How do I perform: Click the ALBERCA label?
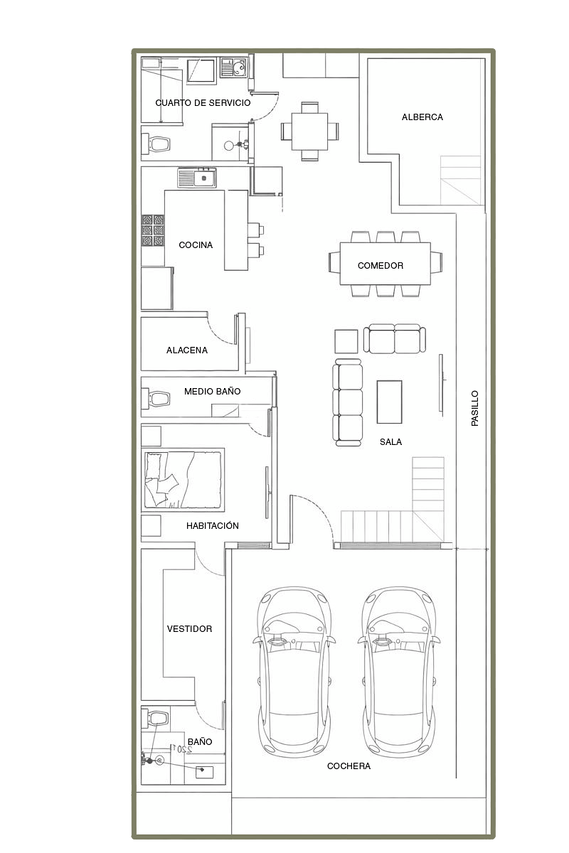[422, 117]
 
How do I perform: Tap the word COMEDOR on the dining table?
[380, 265]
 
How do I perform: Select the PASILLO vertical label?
[474, 408]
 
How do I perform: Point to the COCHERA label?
[349, 766]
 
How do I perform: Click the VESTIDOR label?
[189, 628]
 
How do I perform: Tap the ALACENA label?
[187, 350]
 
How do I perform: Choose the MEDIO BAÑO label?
[212, 391]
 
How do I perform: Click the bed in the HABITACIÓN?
[183, 480]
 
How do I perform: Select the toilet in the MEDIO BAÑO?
[156, 399]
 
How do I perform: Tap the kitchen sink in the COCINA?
[196, 178]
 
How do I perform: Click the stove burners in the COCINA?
[153, 230]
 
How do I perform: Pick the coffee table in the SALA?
[389, 402]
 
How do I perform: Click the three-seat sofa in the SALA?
[347, 402]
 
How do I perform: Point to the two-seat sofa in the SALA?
[395, 338]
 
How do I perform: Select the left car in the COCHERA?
[294, 672]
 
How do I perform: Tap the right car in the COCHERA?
[399, 672]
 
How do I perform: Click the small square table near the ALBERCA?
[310, 132]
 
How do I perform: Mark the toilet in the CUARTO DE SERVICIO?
[156, 144]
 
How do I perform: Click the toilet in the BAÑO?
[155, 718]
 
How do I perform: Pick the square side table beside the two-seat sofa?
[346, 341]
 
